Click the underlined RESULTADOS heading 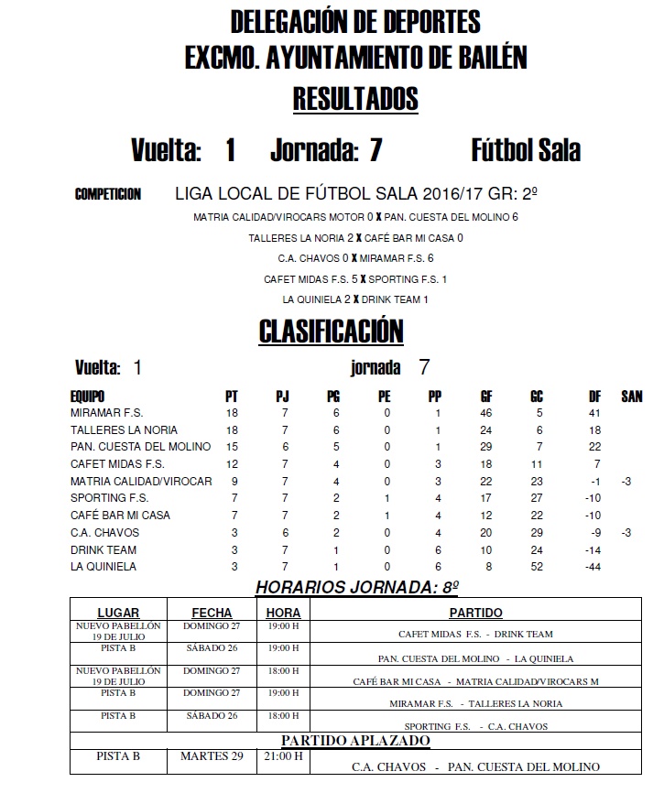coord(354,99)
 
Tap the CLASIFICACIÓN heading coord(331,331)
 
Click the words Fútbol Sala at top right coord(525,150)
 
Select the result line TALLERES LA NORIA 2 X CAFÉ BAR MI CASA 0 coord(355,238)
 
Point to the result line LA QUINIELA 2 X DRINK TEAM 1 coord(355,299)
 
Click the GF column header coord(486,396)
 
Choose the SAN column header coord(632,396)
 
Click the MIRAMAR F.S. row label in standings coord(106,413)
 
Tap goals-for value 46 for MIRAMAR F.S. coord(486,413)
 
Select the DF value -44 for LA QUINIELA coord(594,567)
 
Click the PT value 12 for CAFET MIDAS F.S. coord(232,464)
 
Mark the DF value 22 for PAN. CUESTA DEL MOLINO coord(594,447)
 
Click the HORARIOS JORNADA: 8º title coord(356,587)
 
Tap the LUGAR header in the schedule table coord(118,613)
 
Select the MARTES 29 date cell coord(211,756)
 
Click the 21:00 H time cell coord(283,756)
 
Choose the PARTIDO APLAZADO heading coord(355,740)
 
